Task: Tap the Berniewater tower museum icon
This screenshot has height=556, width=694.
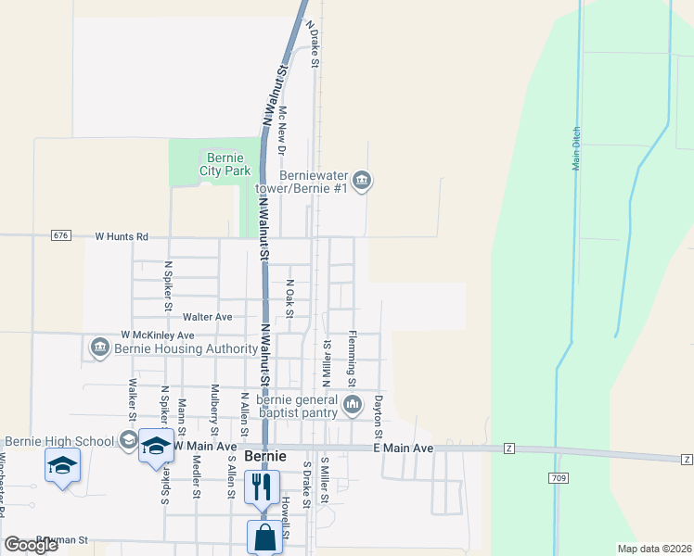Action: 363,180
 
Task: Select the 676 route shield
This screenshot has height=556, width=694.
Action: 61,236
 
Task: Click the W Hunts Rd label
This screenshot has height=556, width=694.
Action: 122,236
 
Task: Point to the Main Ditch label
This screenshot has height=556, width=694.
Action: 576,147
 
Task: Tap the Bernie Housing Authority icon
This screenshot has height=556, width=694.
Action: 99,347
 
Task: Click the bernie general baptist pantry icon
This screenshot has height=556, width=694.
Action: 353,403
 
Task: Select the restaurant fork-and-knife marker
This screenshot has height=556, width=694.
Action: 261,486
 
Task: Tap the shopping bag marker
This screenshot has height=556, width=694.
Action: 264,537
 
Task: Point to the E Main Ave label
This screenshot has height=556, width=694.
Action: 404,448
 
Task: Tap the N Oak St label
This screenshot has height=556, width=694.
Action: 290,298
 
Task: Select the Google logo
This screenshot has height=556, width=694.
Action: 31,545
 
